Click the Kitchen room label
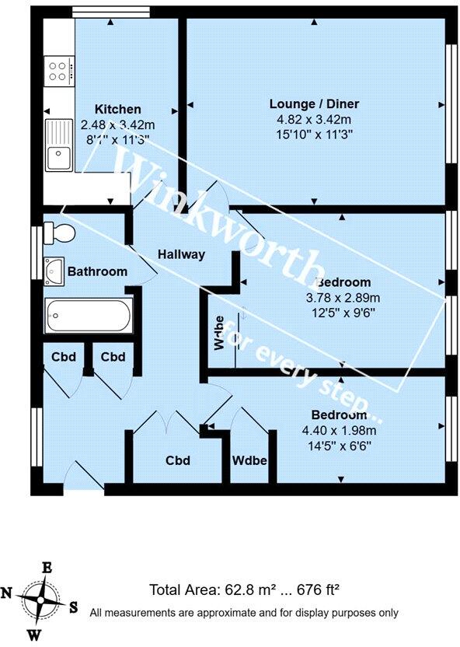(x=117, y=109)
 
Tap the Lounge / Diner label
(x=314, y=104)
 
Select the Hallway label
(x=181, y=254)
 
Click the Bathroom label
(x=97, y=271)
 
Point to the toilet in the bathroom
(x=59, y=232)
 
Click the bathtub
(x=88, y=315)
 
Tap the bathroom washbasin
(x=54, y=270)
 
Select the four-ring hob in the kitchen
(x=57, y=71)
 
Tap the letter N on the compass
(x=8, y=593)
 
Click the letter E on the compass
(x=47, y=568)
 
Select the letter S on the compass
(x=73, y=607)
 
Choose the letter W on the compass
(x=34, y=635)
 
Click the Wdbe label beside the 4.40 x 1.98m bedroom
(x=249, y=460)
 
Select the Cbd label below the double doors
(x=178, y=460)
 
